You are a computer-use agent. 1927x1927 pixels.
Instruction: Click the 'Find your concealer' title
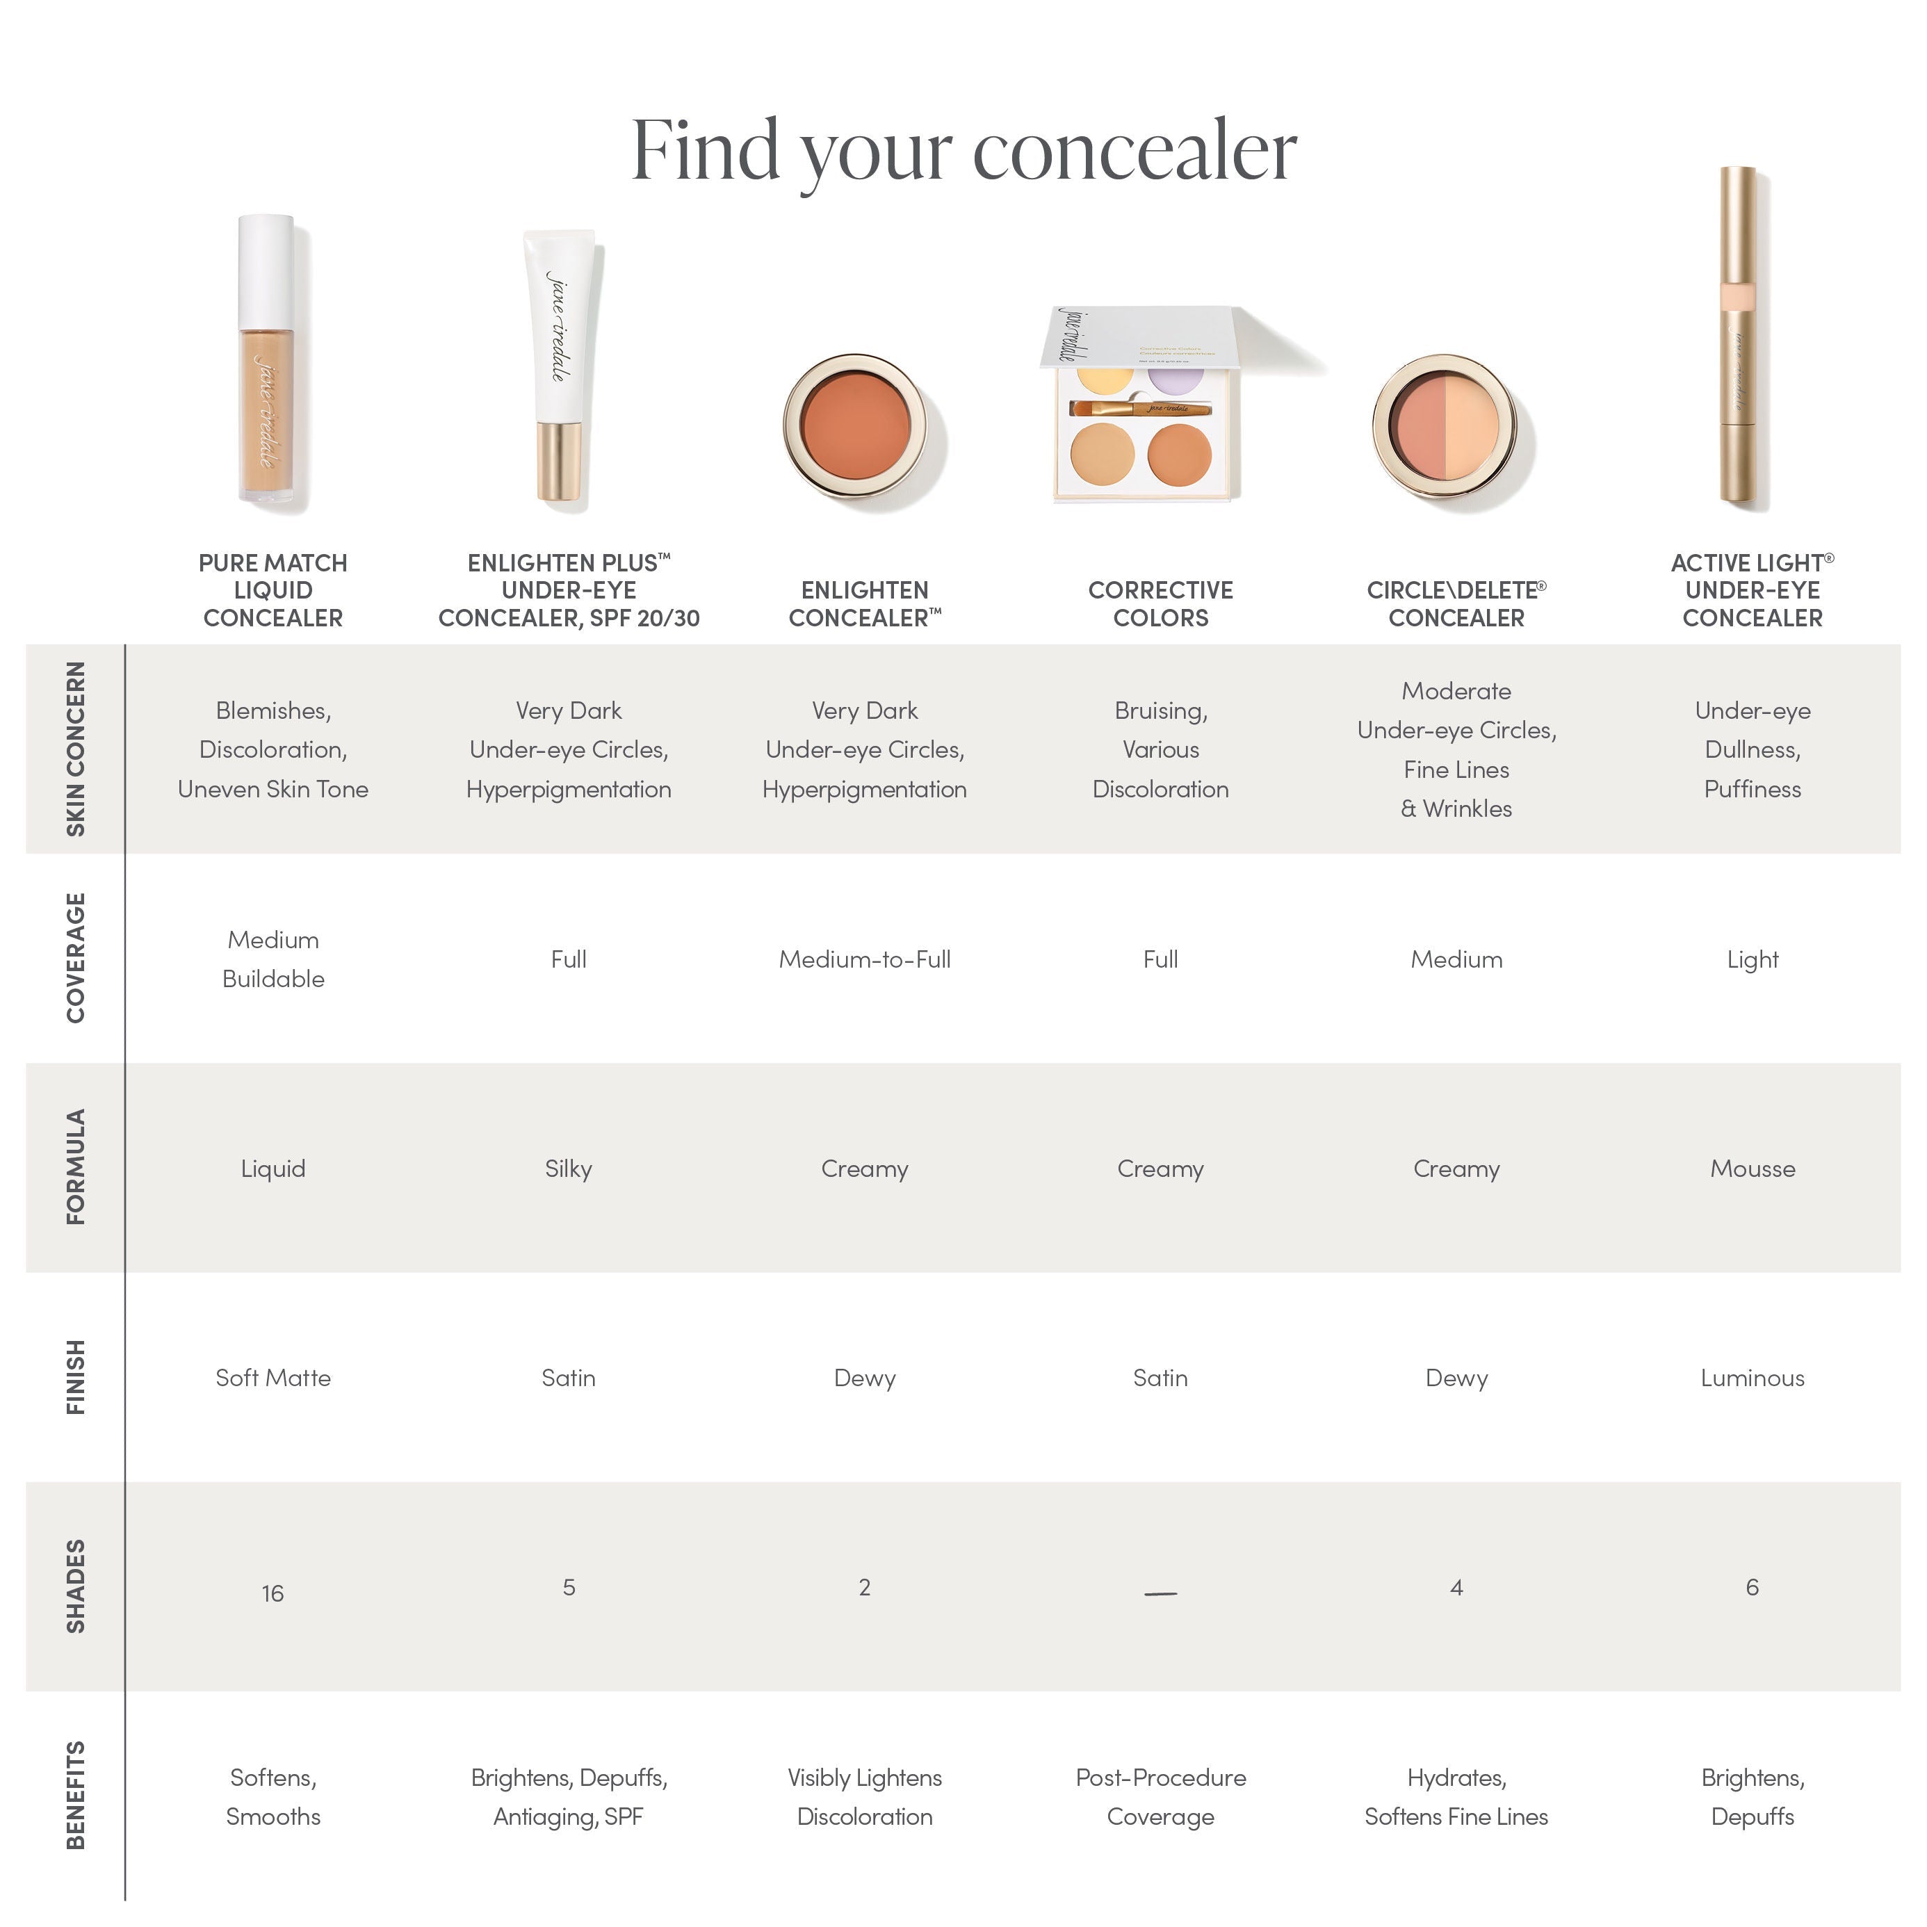click(x=964, y=152)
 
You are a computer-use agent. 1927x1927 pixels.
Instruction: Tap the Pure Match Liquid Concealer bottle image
click(x=268, y=364)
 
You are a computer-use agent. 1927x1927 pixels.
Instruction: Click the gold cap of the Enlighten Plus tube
click(x=560, y=461)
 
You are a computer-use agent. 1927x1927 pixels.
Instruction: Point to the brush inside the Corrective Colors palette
click(x=1140, y=408)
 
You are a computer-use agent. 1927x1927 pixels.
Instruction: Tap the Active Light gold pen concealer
click(x=1741, y=339)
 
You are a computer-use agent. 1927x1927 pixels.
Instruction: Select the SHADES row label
click(x=76, y=1586)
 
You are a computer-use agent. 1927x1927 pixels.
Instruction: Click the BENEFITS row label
click(x=76, y=1796)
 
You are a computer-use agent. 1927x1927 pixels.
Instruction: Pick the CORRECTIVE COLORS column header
click(x=1160, y=603)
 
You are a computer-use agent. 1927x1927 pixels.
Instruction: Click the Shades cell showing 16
click(x=273, y=1593)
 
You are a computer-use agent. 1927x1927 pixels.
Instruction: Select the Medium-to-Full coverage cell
click(x=864, y=959)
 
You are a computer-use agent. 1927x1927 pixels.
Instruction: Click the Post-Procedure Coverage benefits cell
click(x=1160, y=1796)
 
